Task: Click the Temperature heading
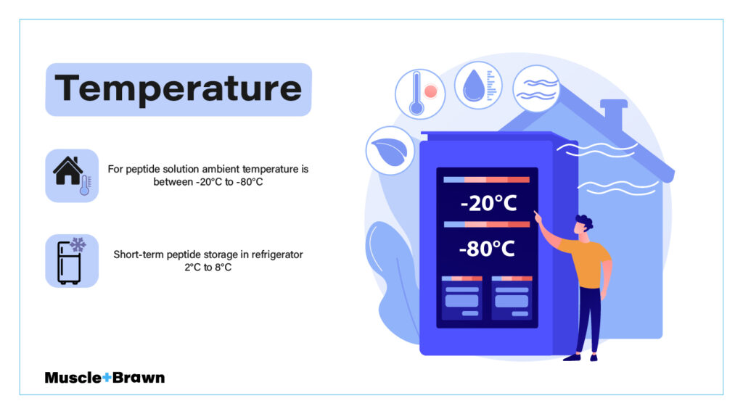point(178,88)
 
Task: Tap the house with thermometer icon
point(72,175)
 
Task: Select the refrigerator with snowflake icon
point(72,261)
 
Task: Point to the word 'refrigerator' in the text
point(277,254)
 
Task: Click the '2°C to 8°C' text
point(208,267)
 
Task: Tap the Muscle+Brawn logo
point(104,378)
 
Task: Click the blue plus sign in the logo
point(107,378)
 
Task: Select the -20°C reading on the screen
point(488,203)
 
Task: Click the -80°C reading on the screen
point(487,249)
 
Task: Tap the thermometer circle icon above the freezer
point(420,94)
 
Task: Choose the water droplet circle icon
point(478,86)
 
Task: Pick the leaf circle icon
point(390,151)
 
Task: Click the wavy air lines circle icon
point(536,88)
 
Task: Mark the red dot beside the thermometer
point(431,91)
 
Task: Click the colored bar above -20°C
point(487,180)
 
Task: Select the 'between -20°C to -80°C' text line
point(208,182)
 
